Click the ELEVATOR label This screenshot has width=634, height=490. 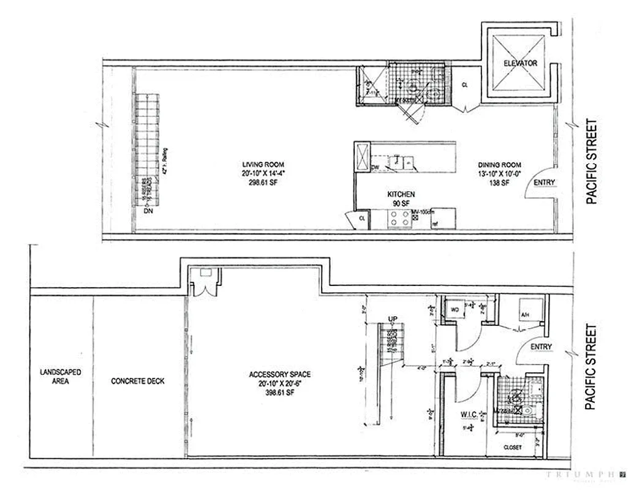click(x=520, y=63)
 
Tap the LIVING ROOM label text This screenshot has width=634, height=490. click(x=260, y=165)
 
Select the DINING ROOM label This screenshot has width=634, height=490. click(x=500, y=165)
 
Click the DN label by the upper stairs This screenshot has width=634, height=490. click(x=147, y=211)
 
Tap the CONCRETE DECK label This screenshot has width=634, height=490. click(x=138, y=381)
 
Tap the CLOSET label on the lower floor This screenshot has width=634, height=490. click(x=512, y=447)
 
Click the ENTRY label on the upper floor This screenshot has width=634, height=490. click(x=544, y=183)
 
